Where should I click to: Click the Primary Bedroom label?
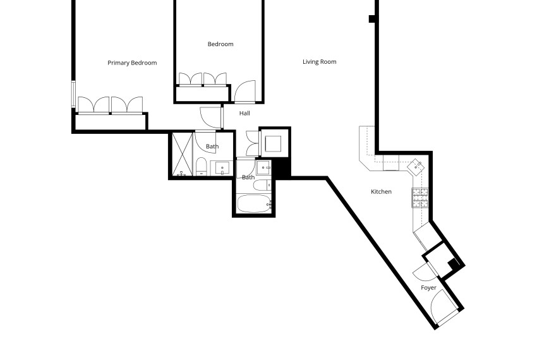point(132,63)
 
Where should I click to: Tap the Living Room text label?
point(319,62)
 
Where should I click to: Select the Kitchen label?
point(381,191)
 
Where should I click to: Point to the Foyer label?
point(429,288)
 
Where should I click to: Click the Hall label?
point(244,114)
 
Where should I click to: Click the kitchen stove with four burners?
point(420,198)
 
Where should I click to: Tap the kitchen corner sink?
point(416,167)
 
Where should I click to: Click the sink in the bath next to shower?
point(222,169)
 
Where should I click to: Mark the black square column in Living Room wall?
point(373,19)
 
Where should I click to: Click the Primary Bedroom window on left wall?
point(74,95)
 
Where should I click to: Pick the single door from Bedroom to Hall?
point(244,92)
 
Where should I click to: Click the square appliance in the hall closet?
point(275,143)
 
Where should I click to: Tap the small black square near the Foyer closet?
point(452,264)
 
